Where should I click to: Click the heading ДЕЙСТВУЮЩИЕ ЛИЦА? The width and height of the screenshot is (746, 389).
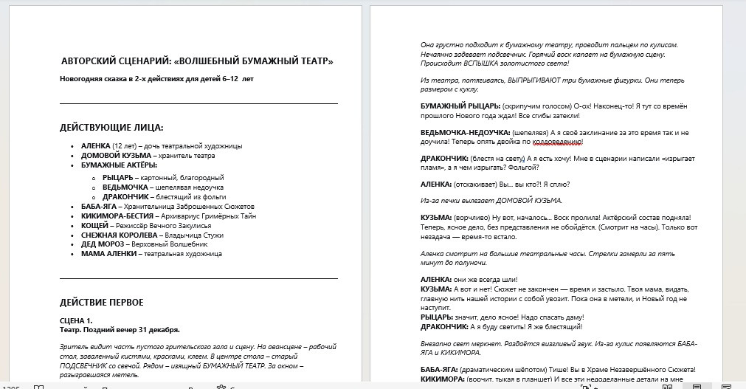pos(111,128)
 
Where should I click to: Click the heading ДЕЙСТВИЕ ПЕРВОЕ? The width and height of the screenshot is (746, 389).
pos(101,303)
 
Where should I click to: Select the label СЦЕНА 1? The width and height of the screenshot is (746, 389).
pos(75,320)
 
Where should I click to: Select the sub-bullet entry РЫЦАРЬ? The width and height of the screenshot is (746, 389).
pos(118,178)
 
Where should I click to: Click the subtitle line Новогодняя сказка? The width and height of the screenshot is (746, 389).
pos(156,78)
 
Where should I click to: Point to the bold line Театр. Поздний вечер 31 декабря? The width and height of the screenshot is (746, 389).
pos(119,329)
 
